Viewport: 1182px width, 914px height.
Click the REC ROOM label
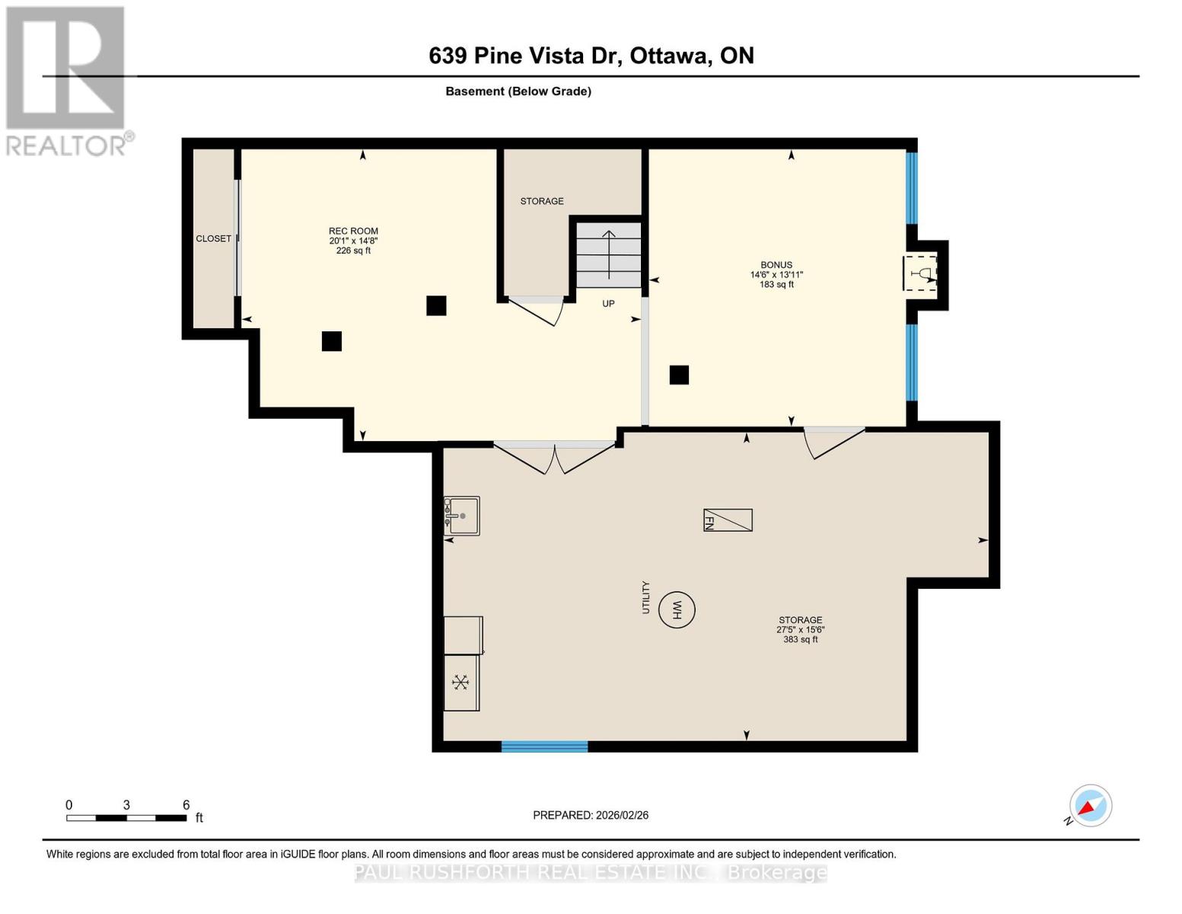[353, 231]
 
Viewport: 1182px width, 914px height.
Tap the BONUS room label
[776, 265]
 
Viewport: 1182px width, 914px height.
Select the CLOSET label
[213, 238]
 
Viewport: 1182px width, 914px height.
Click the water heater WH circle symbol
[676, 609]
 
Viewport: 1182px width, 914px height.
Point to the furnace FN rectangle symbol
[728, 519]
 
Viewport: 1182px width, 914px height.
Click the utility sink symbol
[462, 516]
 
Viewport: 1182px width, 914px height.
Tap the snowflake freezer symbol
[461, 682]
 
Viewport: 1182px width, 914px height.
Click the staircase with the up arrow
[608, 254]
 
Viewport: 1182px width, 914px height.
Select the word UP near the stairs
[608, 303]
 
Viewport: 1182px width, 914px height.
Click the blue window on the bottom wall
[544, 746]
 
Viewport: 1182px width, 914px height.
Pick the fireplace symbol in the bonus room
[922, 273]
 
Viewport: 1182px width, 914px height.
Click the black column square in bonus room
[679, 375]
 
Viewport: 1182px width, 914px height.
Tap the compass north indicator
[1090, 806]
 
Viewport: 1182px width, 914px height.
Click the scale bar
[126, 818]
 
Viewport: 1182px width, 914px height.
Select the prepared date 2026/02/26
[591, 815]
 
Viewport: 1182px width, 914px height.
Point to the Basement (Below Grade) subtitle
[518, 91]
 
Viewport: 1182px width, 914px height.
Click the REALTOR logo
[66, 81]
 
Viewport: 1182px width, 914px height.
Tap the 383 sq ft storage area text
[800, 640]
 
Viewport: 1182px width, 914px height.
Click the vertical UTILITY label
[646, 597]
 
